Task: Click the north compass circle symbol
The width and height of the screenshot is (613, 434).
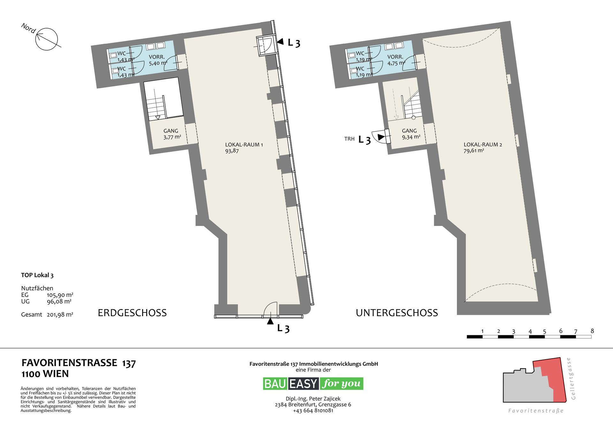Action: coord(47,39)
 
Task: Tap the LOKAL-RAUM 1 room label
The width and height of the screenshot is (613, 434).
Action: coord(244,148)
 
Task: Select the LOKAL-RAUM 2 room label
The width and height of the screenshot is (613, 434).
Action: coord(483,148)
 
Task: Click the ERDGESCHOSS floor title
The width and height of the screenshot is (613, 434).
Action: coord(132,313)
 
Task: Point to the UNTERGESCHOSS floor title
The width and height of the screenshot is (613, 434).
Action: coord(397,313)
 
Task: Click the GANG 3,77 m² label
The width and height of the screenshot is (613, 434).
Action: coord(172,134)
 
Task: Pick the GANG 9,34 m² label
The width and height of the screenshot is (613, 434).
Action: coord(411,134)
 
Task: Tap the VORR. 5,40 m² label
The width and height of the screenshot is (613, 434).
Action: coord(158,60)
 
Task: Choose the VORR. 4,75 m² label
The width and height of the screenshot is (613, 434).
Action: coord(396,60)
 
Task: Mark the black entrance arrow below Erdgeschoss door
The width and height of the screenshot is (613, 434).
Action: coord(270,321)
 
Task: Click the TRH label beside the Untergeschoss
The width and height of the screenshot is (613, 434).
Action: coord(349,139)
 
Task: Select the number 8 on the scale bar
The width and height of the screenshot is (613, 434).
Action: coord(592,331)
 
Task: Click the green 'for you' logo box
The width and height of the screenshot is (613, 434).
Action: coord(342,384)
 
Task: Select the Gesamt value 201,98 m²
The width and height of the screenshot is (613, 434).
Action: coord(60,314)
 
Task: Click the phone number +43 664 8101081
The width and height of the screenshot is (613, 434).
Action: coord(313,411)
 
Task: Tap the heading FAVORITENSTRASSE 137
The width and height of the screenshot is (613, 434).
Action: coord(79,363)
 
